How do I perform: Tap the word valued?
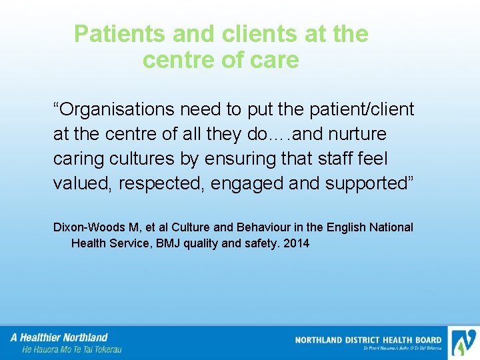point(82,183)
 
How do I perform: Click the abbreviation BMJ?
point(167,243)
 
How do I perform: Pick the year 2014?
point(296,243)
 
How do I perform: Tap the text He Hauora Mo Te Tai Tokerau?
point(72,349)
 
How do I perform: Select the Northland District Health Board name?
point(368,340)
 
